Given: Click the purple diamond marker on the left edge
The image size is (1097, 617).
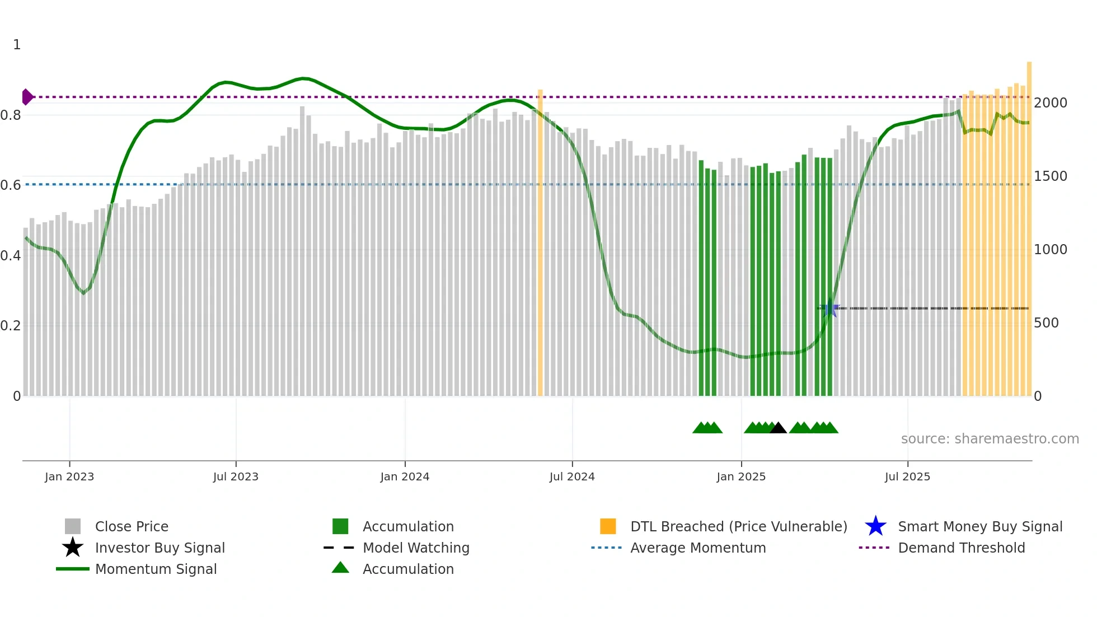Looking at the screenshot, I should [27, 97].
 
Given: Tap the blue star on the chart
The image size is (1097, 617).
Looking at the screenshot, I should [830, 308].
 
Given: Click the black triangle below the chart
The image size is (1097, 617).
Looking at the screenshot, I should [778, 428].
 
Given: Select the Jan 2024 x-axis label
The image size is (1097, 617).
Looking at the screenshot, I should [405, 476].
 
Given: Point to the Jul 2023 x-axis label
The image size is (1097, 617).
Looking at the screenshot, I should [236, 476].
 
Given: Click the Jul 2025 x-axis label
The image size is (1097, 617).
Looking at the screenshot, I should [907, 476].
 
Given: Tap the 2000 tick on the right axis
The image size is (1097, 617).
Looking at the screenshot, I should [1051, 103].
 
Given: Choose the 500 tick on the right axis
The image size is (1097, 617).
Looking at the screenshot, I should [1046, 323].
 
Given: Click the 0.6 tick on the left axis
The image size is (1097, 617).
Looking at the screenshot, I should [11, 185].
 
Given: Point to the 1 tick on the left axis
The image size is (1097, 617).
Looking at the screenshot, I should [17, 45].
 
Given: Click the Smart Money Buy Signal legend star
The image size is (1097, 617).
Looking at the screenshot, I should [875, 526].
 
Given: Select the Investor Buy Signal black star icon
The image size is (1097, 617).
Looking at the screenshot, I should [73, 548].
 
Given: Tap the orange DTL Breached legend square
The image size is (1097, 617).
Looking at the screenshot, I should [608, 526].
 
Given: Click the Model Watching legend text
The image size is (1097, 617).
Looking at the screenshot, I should [416, 548].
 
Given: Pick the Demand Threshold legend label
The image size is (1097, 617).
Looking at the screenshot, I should [961, 548].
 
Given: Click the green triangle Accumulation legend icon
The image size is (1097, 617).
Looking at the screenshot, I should [340, 568].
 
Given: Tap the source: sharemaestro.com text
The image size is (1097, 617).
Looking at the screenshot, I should [990, 439].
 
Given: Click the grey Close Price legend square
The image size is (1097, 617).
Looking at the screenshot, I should [73, 526].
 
